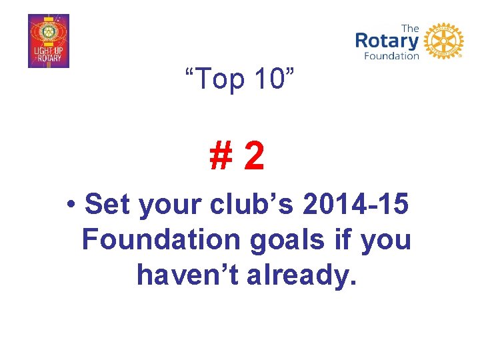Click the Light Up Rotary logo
tap(48, 41)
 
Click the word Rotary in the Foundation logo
tap(387, 41)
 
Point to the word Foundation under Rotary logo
tap(391, 56)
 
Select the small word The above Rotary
tap(411, 28)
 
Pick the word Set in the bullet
tap(109, 205)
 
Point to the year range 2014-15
tap(356, 205)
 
